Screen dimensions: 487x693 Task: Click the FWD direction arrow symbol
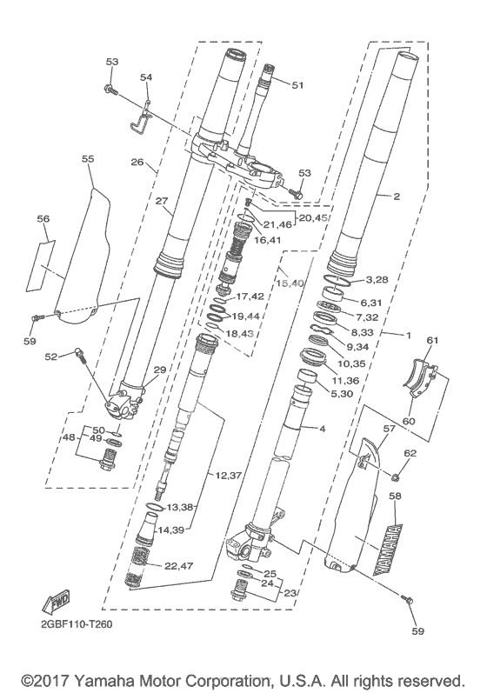click(x=56, y=601)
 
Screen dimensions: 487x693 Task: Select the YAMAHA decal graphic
click(x=389, y=550)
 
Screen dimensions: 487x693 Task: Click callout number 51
click(x=298, y=84)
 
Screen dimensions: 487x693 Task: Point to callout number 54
click(x=146, y=77)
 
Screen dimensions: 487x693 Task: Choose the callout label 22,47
click(x=178, y=566)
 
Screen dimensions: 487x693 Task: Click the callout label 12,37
click(x=228, y=476)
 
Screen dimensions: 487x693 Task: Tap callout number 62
click(x=410, y=453)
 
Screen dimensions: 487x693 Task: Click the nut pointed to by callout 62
click(x=396, y=476)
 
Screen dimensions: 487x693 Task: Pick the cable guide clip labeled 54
click(x=141, y=118)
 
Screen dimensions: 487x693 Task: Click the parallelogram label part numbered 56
click(x=41, y=265)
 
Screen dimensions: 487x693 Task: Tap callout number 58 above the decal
click(x=395, y=496)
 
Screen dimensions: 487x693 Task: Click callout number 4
click(x=322, y=429)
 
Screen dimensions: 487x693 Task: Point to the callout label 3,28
click(x=377, y=279)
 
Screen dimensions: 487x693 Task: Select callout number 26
click(x=137, y=163)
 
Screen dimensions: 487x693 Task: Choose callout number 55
click(x=88, y=158)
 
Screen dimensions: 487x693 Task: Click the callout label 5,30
click(x=342, y=393)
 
